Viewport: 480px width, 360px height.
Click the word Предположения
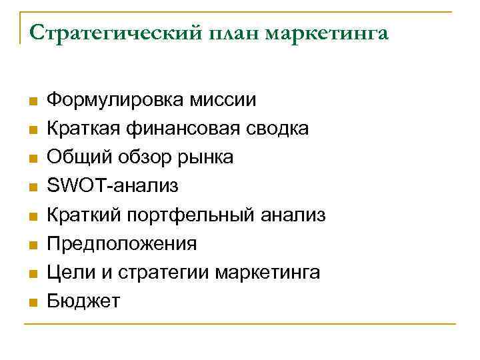click(121, 244)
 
